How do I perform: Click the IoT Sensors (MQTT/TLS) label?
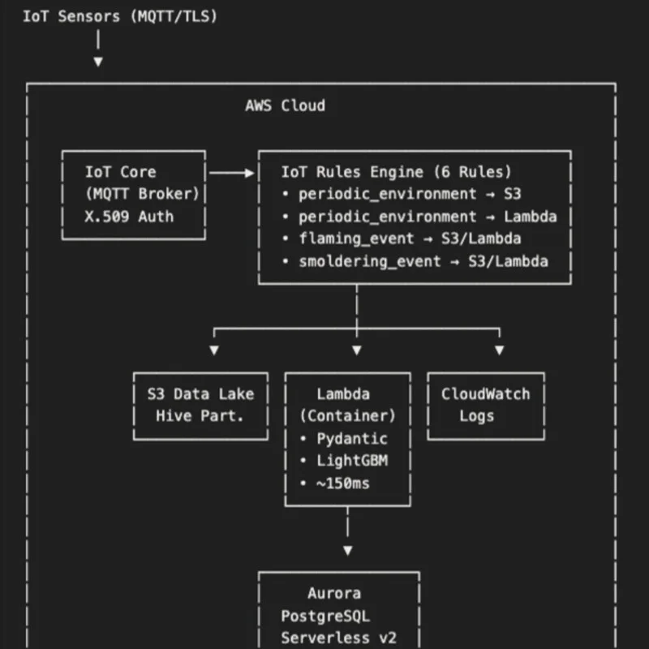pyautogui.click(x=120, y=15)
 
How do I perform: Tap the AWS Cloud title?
pyautogui.click(x=285, y=105)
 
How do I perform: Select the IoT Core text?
pyautogui.click(x=120, y=172)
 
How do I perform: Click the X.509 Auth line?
pyautogui.click(x=129, y=217)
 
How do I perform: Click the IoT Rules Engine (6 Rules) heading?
pyautogui.click(x=396, y=172)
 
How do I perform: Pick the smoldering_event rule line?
pyautogui.click(x=414, y=261)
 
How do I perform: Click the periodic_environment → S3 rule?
pyautogui.click(x=401, y=194)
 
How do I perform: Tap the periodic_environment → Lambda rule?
pyautogui.click(x=419, y=217)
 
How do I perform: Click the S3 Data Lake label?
pyautogui.click(x=200, y=394)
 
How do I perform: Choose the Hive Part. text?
pyautogui.click(x=200, y=416)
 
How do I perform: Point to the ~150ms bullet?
pyautogui.click(x=338, y=484)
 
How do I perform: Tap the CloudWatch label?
pyautogui.click(x=485, y=394)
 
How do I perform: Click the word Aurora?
pyautogui.click(x=334, y=594)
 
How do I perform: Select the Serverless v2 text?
pyautogui.click(x=338, y=638)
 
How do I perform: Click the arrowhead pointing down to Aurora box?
pyautogui.click(x=348, y=550)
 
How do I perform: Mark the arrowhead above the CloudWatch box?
pyautogui.click(x=499, y=350)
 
